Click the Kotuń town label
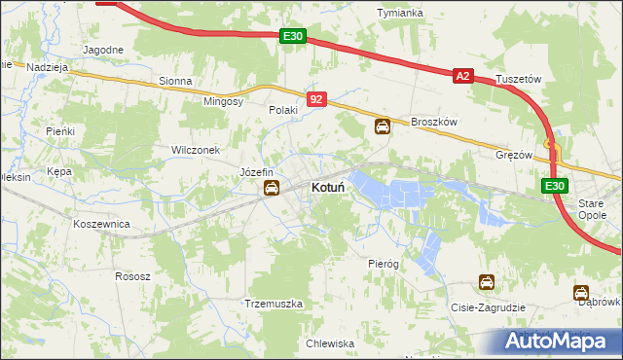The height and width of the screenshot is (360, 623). tap(332, 186)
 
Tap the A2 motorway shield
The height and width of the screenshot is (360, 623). tap(461, 75)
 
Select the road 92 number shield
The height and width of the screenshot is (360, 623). tap(316, 99)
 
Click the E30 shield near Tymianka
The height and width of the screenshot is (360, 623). tap(293, 36)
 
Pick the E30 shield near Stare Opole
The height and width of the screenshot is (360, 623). tap(554, 186)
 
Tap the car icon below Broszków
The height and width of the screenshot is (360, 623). tap(384, 126)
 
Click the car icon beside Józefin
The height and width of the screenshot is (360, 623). tap(272, 188)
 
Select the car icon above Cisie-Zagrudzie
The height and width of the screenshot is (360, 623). tap(486, 283)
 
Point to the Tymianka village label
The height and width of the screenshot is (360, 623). tap(400, 13)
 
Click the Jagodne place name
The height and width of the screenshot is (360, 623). tap(103, 50)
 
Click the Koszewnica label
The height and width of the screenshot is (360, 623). tap(102, 223)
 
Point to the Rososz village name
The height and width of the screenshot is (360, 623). tap(132, 276)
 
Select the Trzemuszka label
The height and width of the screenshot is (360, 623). tap(274, 304)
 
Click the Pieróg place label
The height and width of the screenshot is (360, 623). tap(384, 264)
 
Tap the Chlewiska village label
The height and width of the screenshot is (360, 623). tap(329, 343)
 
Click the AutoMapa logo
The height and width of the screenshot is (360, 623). tap(560, 341)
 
